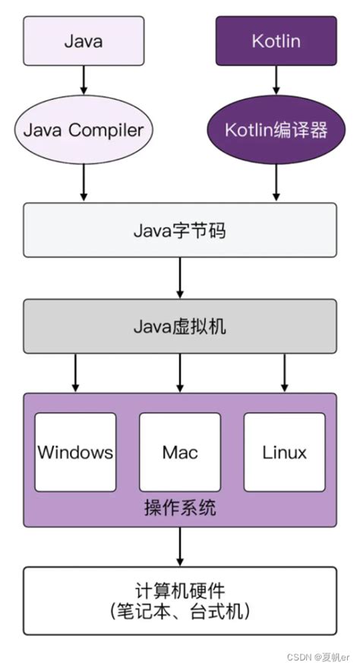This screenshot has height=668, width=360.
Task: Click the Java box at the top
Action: tap(84, 41)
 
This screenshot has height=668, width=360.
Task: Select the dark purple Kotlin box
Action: tap(276, 41)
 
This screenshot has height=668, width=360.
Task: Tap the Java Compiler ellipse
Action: tap(84, 130)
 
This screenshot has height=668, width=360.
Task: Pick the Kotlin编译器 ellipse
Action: tap(276, 130)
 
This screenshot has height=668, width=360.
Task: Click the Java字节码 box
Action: tap(180, 230)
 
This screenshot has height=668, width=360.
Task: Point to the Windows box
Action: tap(75, 453)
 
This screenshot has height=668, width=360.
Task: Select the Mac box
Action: tap(180, 453)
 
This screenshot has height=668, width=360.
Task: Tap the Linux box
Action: tap(284, 453)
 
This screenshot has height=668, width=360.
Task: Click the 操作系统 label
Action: tap(180, 508)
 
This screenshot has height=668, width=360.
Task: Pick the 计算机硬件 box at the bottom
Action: tap(180, 600)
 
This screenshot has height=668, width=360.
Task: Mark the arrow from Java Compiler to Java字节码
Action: tap(84, 183)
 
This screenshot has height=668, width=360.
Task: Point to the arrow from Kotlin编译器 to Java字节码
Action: tap(276, 183)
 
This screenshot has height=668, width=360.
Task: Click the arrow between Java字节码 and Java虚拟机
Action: tap(180, 278)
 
